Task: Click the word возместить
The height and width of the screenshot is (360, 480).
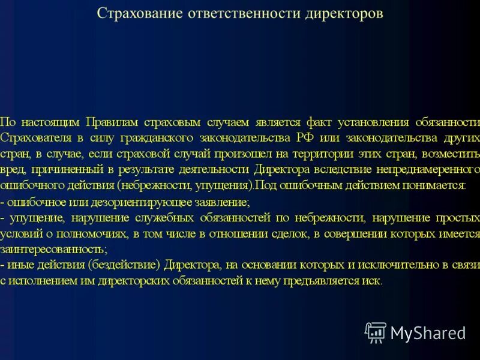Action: pos(454,154)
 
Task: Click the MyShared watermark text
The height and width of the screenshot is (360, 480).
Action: pos(428,332)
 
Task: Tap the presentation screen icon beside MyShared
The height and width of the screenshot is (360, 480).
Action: pos(376,332)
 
